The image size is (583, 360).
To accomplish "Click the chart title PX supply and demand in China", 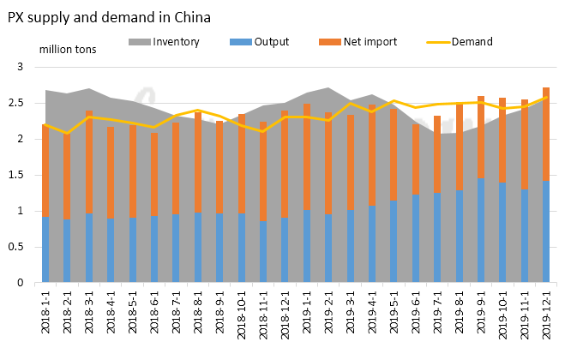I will [109, 16].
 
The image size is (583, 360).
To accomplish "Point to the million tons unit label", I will [68, 49].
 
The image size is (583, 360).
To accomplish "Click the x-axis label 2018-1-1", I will [46, 315].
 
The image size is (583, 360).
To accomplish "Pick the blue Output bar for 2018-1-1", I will [46, 249].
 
